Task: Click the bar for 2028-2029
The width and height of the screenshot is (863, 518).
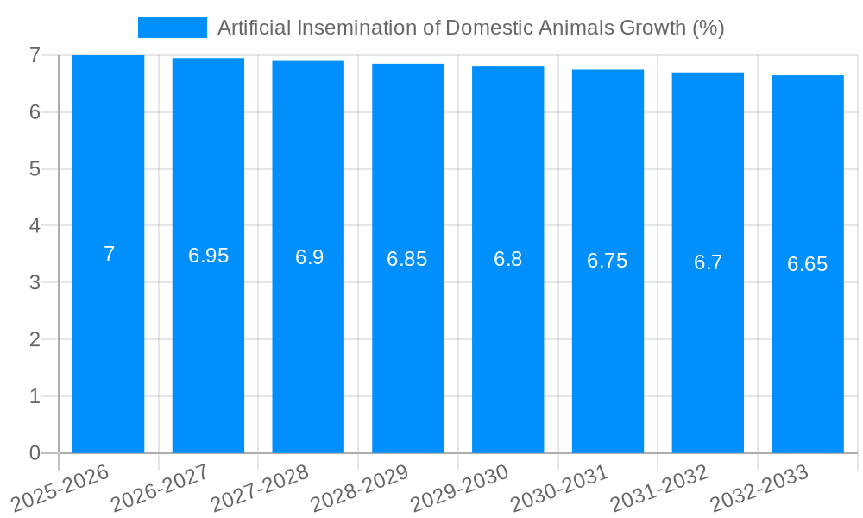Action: coord(408,345)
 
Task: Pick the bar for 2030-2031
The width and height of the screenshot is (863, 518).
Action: coord(608,345)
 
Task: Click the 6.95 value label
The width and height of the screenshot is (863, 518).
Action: coord(209,256)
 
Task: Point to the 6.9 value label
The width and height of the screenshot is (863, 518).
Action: coord(309,257)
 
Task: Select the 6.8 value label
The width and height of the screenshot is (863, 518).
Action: coord(507,259)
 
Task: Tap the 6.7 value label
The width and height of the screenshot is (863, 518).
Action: coord(708,262)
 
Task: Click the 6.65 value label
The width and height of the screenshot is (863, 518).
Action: coord(808,264)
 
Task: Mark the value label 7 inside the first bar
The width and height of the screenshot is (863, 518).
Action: coord(109,254)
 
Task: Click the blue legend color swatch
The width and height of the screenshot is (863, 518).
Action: coord(172,28)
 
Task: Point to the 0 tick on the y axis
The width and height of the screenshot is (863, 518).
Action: coord(35,453)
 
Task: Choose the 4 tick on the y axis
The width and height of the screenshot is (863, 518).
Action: coord(35,225)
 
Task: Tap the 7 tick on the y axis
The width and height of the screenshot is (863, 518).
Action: coord(35,55)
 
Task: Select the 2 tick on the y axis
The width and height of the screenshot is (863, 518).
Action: coord(35,339)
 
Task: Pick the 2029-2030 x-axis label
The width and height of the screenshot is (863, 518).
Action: coord(460,488)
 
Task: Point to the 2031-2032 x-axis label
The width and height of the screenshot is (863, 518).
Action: coord(660,488)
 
